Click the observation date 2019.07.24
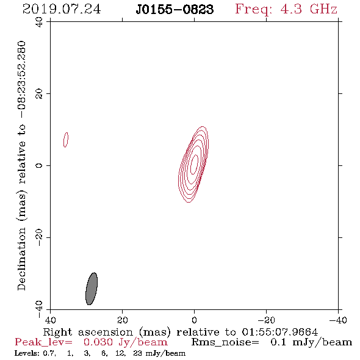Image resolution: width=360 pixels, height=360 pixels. click(x=62, y=9)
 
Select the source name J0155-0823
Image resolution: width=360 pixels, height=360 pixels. click(x=175, y=9)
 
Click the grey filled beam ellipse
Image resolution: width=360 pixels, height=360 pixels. click(x=92, y=289)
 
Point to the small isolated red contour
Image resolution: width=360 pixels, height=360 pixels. click(x=66, y=140)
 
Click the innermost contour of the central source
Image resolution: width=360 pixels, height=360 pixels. click(x=194, y=164)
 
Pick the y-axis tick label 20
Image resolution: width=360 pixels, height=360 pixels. click(x=39, y=94)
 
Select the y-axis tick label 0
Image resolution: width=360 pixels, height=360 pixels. click(x=39, y=165)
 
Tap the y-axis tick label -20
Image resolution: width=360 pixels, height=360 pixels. click(x=39, y=237)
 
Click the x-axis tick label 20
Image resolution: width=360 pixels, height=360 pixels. click(x=122, y=320)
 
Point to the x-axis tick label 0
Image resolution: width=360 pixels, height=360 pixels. click(x=194, y=320)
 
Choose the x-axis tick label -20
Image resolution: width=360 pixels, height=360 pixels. click(x=266, y=320)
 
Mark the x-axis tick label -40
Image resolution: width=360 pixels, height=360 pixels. click(x=338, y=320)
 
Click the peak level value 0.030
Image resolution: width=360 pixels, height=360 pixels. click(x=98, y=342)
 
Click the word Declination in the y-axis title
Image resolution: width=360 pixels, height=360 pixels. click(x=21, y=259)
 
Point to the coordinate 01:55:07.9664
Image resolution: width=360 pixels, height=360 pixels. click(x=279, y=332)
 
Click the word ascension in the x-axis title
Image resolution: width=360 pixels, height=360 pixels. click(x=106, y=333)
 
